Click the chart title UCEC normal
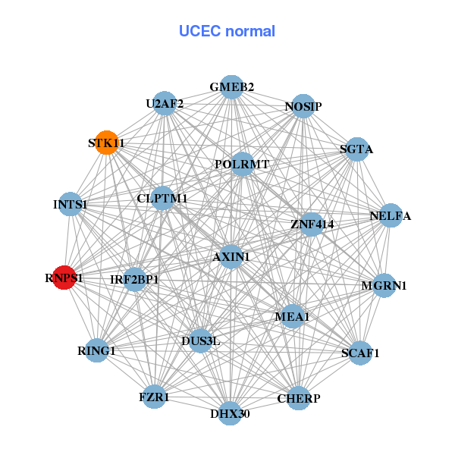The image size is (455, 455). (227, 31)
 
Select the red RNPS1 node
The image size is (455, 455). (64, 278)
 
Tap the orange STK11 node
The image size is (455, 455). (107, 143)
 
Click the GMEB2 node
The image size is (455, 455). (231, 87)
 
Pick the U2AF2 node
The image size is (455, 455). (165, 103)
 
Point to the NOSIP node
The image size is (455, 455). (303, 107)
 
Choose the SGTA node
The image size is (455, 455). (356, 149)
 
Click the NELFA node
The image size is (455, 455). (390, 216)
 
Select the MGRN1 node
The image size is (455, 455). (384, 286)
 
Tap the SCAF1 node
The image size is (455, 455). (359, 353)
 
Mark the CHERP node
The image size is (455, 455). (298, 398)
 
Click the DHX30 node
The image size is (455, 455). (230, 413)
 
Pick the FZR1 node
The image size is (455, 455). (155, 397)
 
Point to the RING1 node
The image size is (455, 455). (97, 350)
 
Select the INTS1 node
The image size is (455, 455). (71, 205)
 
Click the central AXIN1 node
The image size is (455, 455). (231, 257)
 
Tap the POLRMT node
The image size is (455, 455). (242, 164)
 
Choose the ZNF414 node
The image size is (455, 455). (311, 224)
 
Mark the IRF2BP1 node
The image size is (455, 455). (135, 280)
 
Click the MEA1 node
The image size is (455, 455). (292, 316)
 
